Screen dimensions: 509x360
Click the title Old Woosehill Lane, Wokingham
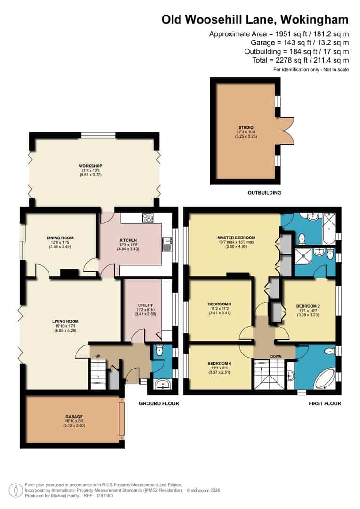(255, 19)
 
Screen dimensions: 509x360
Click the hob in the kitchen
(147, 218)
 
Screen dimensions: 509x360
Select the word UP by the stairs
(98, 356)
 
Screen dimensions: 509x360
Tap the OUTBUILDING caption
(264, 193)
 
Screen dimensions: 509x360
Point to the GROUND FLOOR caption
(159, 403)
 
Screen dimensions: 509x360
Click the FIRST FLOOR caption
(325, 403)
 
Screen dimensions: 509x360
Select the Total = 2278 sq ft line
(303, 60)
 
